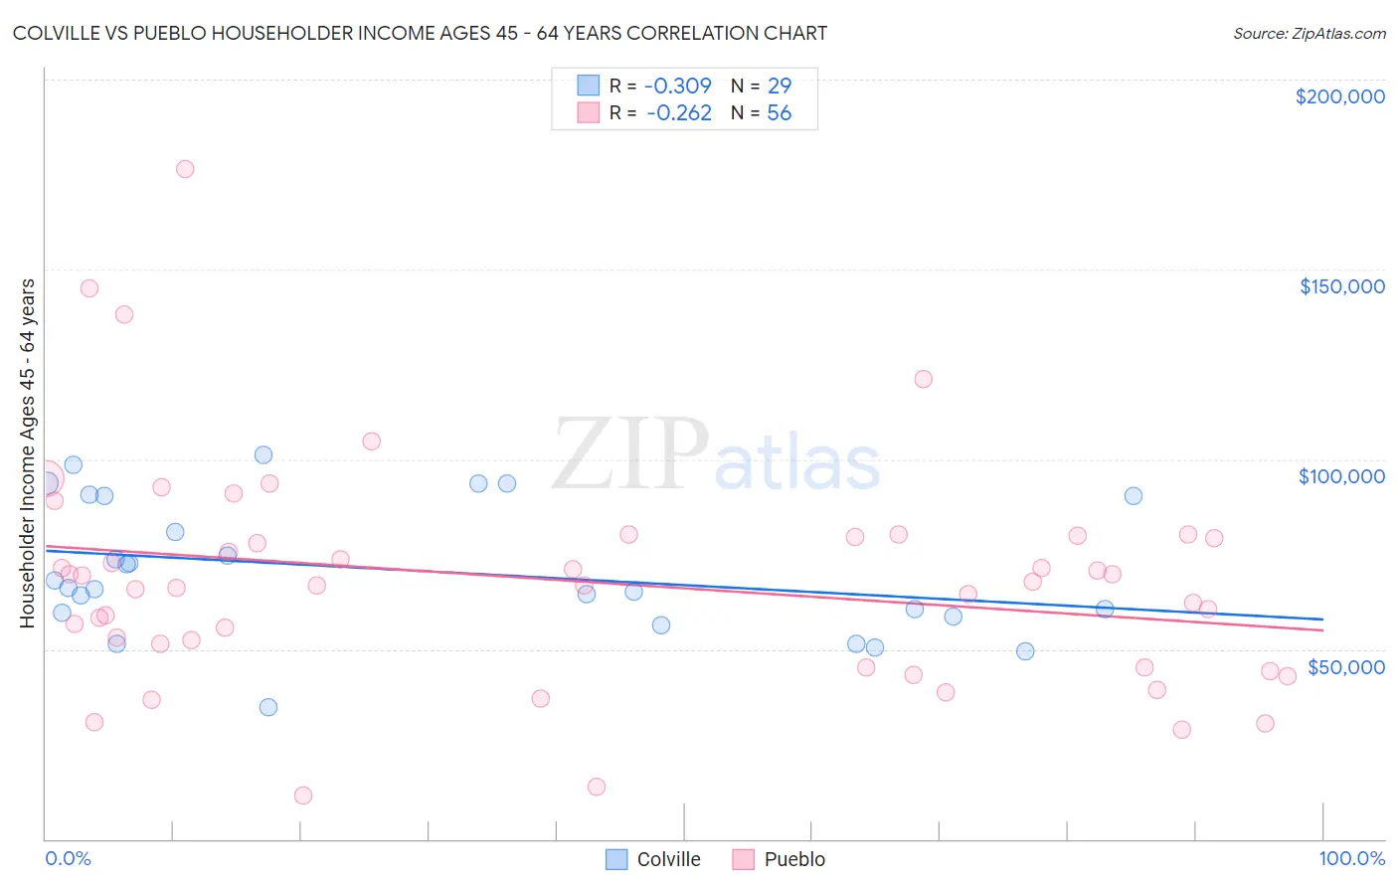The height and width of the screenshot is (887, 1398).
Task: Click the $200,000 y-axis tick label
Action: click(x=1339, y=96)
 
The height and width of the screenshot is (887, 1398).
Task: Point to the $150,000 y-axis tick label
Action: click(x=1341, y=286)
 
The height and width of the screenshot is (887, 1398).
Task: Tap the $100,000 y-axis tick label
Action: click(x=1341, y=476)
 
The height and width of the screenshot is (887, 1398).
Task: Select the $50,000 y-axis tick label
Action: click(x=1345, y=666)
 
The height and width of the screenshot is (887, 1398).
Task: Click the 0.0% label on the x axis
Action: click(x=68, y=858)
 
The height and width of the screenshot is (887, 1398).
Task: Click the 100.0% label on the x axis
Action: click(x=1351, y=858)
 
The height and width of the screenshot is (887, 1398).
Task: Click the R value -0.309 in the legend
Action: click(x=678, y=86)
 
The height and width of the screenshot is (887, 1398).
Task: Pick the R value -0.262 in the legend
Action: click(x=678, y=113)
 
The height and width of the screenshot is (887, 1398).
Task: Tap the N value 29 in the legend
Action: click(x=780, y=86)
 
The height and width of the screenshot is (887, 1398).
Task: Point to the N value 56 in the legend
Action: click(x=780, y=113)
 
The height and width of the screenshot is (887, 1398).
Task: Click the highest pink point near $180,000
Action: click(x=185, y=169)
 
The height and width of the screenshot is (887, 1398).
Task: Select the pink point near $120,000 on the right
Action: click(x=923, y=379)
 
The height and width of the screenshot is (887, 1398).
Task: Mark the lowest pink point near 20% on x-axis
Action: click(x=303, y=796)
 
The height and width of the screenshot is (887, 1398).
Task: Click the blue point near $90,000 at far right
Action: click(x=1133, y=496)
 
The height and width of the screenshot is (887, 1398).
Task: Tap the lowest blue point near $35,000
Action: click(x=268, y=707)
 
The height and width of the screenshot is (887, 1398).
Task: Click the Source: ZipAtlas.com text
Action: click(x=1309, y=34)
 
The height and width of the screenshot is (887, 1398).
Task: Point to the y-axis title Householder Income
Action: click(x=27, y=452)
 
